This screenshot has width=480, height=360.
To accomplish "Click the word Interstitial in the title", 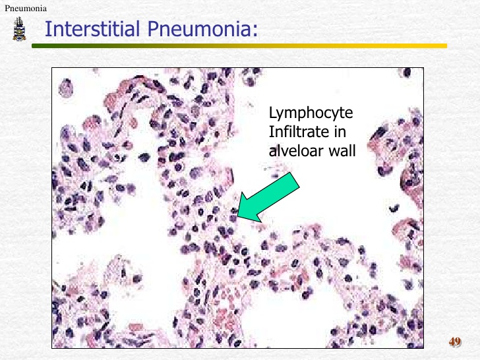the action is point(92,28).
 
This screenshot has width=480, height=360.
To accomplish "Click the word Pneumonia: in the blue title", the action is point(202,28).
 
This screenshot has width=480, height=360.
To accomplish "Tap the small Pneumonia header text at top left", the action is point(26,9).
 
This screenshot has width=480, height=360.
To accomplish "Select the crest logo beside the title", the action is point(19,29).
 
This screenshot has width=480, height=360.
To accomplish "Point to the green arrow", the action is point(268,197).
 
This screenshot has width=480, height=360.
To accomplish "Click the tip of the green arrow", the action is point(237,217).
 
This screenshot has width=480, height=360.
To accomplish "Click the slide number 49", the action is point(455,342).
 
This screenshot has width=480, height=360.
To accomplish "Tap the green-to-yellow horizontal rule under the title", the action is point(239,46).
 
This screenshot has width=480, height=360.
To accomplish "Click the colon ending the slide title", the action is point(255,31).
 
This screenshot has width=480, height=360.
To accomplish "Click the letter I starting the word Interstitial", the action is point(47,28).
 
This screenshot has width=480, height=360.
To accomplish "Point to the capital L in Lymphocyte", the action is point(272,112).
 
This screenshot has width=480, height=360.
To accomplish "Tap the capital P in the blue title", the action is point(153,28).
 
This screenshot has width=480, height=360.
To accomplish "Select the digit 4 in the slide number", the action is point(452,342).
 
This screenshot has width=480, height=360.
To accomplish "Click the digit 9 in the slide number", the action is point(458,342).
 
